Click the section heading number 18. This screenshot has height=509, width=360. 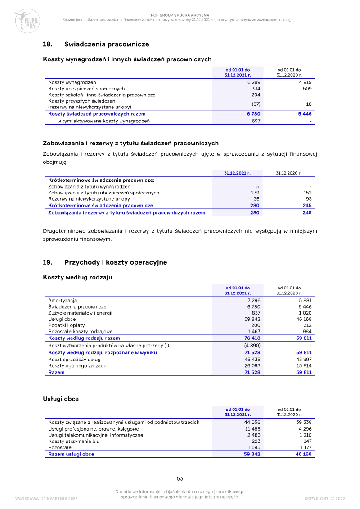click(47, 45)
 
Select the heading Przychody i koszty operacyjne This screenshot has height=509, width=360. click(116, 262)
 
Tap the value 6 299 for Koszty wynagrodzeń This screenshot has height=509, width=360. click(254, 82)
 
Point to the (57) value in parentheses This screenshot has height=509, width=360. click(255, 104)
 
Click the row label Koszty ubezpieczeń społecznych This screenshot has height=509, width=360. click(86, 89)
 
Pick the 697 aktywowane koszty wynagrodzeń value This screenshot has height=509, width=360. click(256, 121)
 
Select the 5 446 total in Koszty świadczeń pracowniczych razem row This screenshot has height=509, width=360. click(305, 114)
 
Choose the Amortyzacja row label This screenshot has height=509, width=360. click(63, 300)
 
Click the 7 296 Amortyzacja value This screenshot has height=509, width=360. click(254, 300)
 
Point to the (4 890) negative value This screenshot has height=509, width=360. click(252, 345)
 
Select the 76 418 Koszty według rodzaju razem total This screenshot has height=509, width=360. click(252, 338)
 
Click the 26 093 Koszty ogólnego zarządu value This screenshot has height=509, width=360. click(252, 366)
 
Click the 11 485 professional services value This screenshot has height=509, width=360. click(252, 429)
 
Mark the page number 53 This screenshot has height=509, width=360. click(180, 478)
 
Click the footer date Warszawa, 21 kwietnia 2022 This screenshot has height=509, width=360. click(46, 499)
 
